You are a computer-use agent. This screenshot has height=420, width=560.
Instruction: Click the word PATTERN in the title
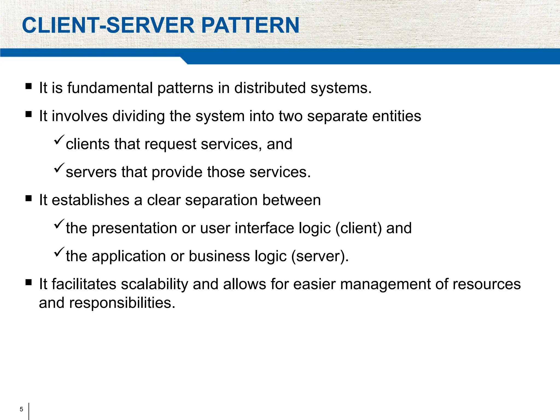click(x=250, y=25)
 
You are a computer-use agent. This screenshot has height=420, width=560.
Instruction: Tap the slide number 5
click(x=21, y=409)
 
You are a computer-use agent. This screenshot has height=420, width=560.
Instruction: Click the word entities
click(x=396, y=116)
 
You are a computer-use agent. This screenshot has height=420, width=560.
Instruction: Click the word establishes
click(x=91, y=200)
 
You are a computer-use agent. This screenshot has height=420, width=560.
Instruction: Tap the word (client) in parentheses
click(x=358, y=228)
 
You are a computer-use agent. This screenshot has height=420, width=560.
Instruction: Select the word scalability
click(x=154, y=284)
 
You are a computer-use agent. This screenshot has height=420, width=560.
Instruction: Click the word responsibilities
click(x=122, y=303)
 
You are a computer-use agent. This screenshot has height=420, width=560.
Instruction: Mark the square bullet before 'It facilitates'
click(x=28, y=282)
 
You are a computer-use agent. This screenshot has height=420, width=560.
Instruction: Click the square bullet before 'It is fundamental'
click(x=28, y=86)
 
